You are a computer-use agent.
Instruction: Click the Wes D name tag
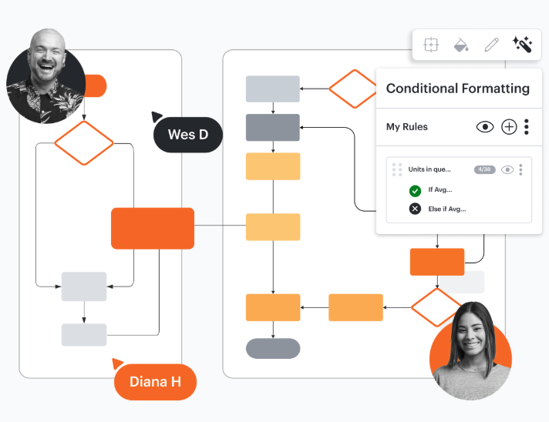[188, 135]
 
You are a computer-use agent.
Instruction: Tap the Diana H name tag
[155, 381]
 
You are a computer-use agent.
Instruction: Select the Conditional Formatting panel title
[457, 88]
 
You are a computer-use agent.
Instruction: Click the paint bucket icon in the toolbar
[461, 45]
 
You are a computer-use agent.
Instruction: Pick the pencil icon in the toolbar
[491, 45]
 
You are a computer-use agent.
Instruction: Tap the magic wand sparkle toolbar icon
[522, 45]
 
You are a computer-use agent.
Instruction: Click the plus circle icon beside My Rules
[509, 127]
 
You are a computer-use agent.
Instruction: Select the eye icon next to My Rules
[484, 127]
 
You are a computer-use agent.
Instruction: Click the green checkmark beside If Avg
[416, 190]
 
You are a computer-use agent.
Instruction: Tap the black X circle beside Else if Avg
[416, 209]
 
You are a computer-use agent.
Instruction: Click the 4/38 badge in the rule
[485, 169]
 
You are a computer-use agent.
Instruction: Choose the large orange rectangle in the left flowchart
[153, 228]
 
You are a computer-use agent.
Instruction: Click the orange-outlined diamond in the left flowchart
[84, 142]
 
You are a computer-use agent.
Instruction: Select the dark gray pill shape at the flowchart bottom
[273, 348]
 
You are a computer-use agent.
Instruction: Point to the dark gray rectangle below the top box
[273, 127]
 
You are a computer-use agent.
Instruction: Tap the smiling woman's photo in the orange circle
[470, 350]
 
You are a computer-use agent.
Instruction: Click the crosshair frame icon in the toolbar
[431, 45]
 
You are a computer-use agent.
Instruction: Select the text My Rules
[406, 127]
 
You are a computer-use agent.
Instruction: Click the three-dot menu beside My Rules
[527, 127]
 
